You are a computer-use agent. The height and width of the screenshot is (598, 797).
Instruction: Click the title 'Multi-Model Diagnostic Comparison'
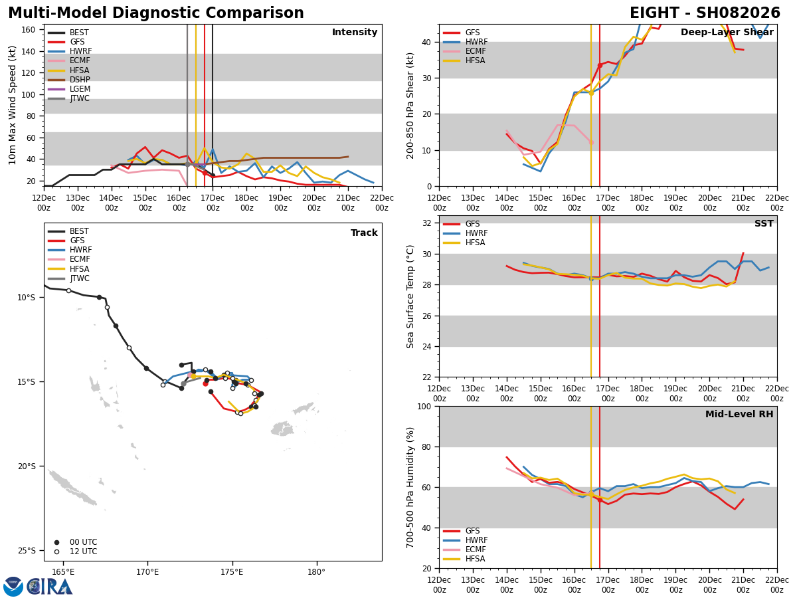[156, 13]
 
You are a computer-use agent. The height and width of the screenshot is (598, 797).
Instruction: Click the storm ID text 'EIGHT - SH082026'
[705, 13]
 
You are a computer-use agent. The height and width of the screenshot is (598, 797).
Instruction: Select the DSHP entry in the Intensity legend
[79, 80]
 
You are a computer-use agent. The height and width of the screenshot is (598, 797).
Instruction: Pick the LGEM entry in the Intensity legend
[80, 89]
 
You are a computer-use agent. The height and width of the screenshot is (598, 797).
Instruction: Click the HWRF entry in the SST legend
[476, 233]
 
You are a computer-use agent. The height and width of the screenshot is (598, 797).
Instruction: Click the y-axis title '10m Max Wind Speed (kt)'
[13, 105]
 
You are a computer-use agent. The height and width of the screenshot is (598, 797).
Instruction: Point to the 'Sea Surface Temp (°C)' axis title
[410, 296]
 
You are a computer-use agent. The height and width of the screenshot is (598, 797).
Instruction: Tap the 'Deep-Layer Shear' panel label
[727, 33]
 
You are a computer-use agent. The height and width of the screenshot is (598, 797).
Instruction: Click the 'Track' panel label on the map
[364, 233]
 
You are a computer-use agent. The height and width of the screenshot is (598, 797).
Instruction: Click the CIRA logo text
[50, 587]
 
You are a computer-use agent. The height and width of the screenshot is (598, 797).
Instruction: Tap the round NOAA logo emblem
[13, 587]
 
